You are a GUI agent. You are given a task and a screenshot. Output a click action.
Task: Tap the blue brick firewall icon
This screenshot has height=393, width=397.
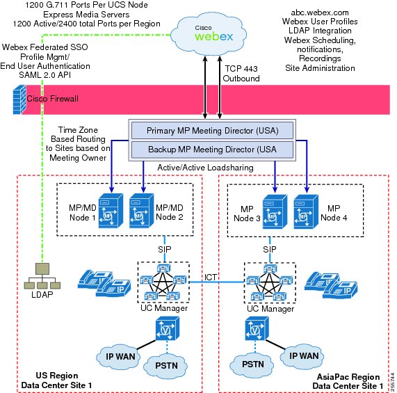[x=19, y=99]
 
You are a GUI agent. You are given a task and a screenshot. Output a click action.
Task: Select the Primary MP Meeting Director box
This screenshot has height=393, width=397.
[x=212, y=130]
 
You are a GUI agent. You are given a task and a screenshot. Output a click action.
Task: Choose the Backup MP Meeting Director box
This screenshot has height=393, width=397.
[x=212, y=150]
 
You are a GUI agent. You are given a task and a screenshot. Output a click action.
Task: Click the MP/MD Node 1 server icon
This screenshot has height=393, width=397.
[x=111, y=211]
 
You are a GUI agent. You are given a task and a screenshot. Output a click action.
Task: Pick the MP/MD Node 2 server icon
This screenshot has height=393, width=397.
[x=142, y=211]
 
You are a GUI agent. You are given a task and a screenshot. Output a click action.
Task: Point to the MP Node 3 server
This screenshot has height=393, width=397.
[x=275, y=211]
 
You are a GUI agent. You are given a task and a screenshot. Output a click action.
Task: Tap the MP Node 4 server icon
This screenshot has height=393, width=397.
[x=306, y=211]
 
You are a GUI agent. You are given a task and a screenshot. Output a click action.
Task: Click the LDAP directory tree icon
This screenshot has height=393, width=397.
[x=42, y=276]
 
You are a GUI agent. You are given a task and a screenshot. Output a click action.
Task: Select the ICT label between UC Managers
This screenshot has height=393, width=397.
[x=211, y=278]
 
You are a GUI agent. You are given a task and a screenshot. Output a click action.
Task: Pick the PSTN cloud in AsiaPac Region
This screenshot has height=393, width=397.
[x=252, y=364]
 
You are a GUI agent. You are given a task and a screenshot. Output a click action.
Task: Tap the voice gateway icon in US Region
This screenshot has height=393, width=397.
[x=168, y=328]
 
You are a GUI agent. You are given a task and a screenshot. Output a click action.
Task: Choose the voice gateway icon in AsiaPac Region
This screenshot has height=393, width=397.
[x=257, y=328]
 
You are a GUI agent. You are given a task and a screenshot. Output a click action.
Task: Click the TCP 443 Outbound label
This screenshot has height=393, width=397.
[x=241, y=74]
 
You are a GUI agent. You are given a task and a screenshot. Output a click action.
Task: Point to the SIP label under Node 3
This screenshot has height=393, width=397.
[x=270, y=250]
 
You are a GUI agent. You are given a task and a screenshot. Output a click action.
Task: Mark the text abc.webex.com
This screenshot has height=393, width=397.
[x=320, y=13]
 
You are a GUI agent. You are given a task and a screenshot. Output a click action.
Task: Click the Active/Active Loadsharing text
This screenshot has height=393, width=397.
[x=205, y=168]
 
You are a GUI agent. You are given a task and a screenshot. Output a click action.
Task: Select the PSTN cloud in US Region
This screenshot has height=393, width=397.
[x=166, y=366]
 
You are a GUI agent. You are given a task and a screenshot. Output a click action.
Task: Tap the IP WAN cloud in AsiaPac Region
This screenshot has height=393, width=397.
[x=302, y=355]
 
